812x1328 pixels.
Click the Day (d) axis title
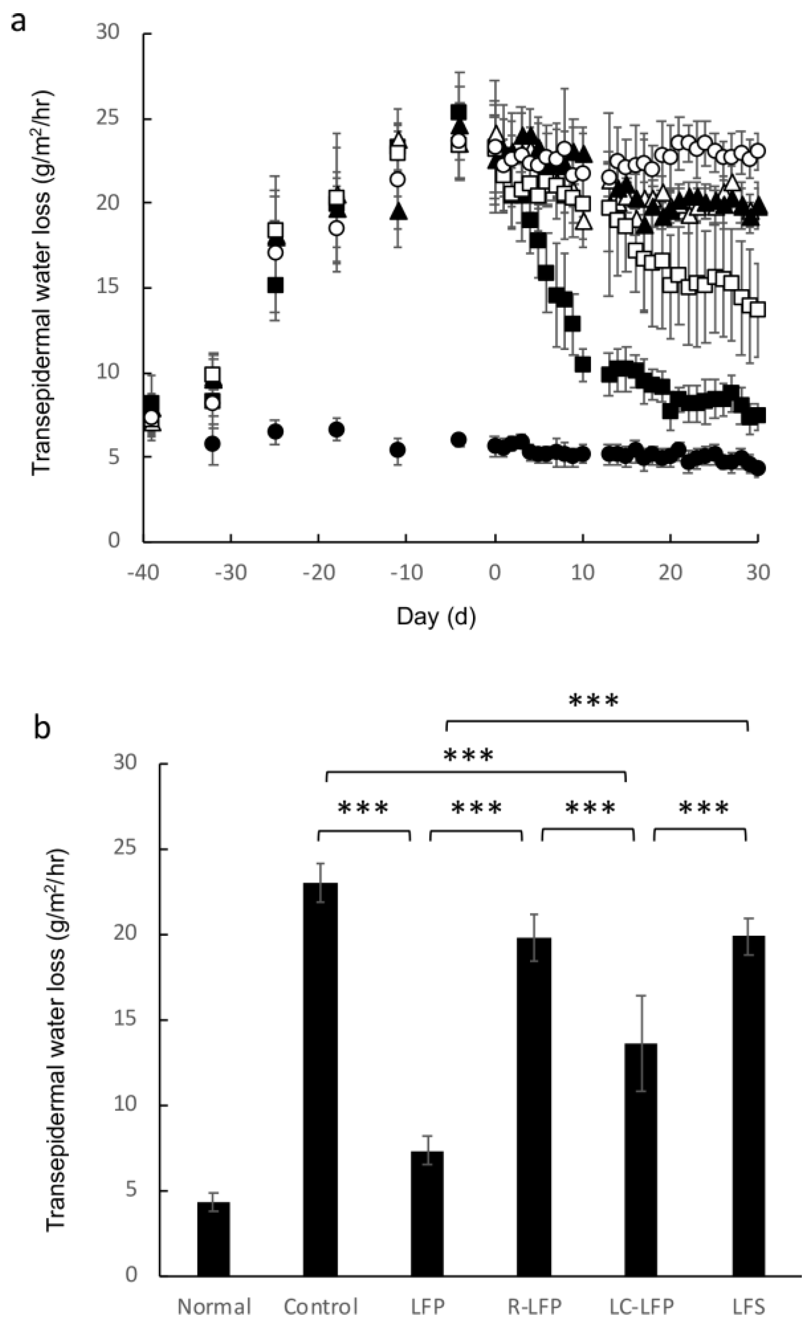coord(436,616)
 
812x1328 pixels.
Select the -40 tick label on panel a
coord(143,572)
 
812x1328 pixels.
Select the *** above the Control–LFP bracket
coord(363,808)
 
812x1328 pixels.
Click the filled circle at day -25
coord(275,432)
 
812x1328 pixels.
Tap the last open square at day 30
coord(758,310)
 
